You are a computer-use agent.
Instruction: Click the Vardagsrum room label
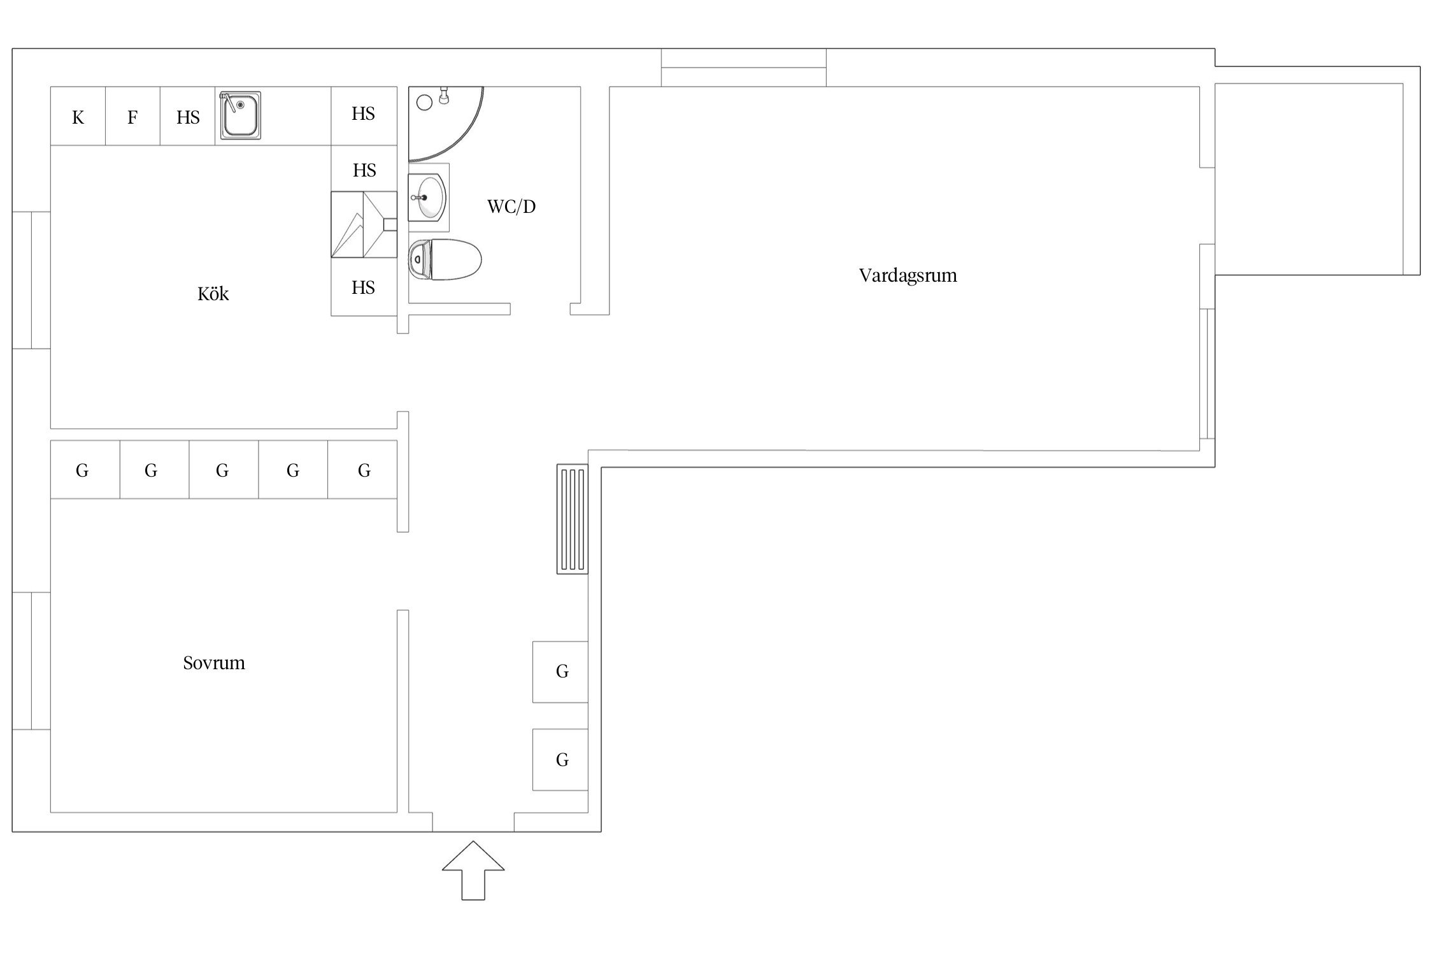908,275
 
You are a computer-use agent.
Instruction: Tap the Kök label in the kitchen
213,294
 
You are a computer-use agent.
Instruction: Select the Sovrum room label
214,663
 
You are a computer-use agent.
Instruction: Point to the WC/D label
511,206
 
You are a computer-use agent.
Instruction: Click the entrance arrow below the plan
473,870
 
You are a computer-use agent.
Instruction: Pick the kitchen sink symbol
241,115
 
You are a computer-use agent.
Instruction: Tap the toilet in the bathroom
445,259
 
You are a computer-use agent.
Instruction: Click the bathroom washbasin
428,198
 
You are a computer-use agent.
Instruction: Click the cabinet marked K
78,116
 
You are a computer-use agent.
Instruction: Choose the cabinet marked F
132,116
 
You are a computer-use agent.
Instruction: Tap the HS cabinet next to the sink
188,116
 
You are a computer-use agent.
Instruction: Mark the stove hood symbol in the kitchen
364,224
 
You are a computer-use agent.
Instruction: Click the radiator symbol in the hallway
573,519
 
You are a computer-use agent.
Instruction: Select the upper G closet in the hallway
560,672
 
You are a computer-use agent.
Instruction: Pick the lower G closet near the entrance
560,760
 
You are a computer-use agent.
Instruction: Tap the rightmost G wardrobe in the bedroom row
362,470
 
